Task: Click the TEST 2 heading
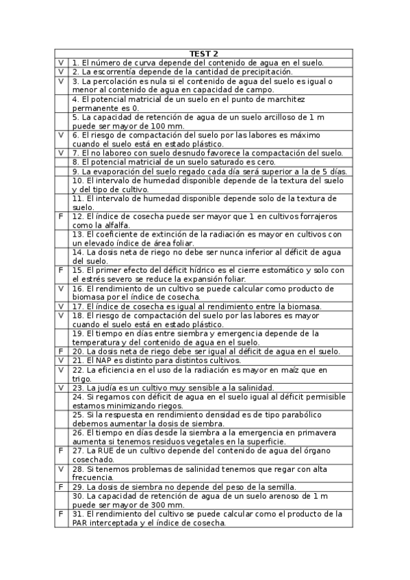pos(204,53)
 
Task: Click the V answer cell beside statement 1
pos(61,62)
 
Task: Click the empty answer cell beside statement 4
pos(61,103)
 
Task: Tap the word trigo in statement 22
pos(81,378)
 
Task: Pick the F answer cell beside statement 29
pos(61,487)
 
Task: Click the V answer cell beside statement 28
pos(61,469)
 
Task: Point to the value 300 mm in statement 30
pos(165,505)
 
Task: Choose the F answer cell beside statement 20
pos(61,352)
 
